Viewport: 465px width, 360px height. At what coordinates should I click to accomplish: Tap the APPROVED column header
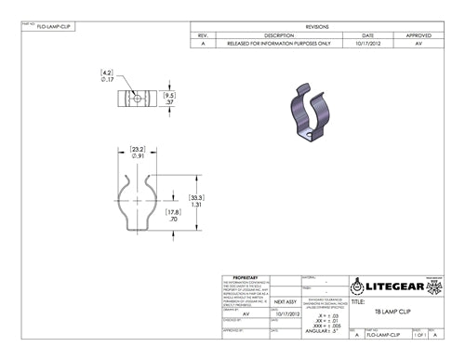point(418,35)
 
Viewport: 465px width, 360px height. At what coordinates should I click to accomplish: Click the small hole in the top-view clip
point(137,97)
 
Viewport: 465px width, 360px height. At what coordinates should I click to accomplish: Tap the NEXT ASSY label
point(285,302)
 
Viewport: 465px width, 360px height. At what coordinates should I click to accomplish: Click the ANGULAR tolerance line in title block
point(322,330)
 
